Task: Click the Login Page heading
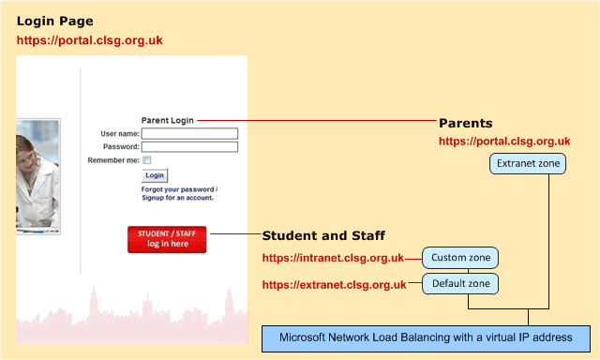[x=55, y=21]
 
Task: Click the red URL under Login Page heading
[x=89, y=41]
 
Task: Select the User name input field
[x=190, y=133]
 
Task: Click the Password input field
[x=190, y=146]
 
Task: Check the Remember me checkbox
[x=146, y=160]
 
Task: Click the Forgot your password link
[x=178, y=188]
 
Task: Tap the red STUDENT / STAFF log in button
[x=167, y=239]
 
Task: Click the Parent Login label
[x=167, y=120]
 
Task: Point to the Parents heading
[x=465, y=123]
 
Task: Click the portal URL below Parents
[x=504, y=142]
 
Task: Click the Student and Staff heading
[x=323, y=235]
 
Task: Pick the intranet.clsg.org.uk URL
[x=333, y=258]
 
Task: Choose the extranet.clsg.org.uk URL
[x=333, y=284]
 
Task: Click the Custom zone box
[x=459, y=257]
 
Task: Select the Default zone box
[x=459, y=283]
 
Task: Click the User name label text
[x=119, y=133]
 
